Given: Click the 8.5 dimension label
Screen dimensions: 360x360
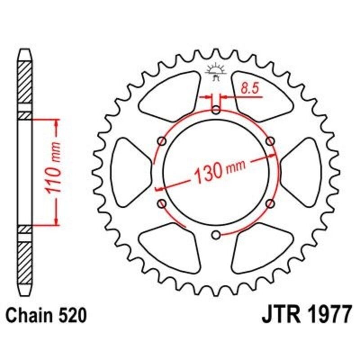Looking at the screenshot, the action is click(x=250, y=88).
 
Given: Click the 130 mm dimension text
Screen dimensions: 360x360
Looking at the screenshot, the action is click(x=219, y=171).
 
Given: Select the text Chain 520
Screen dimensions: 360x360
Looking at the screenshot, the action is click(x=46, y=315).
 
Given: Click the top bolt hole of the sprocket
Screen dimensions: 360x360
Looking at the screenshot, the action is click(x=216, y=110).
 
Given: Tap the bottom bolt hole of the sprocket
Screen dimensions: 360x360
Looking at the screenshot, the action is click(x=216, y=235).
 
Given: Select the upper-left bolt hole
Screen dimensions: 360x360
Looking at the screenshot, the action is click(x=162, y=141).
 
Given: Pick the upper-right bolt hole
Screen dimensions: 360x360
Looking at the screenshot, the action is click(x=270, y=141).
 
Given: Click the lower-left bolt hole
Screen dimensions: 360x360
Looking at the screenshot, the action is click(x=162, y=203).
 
